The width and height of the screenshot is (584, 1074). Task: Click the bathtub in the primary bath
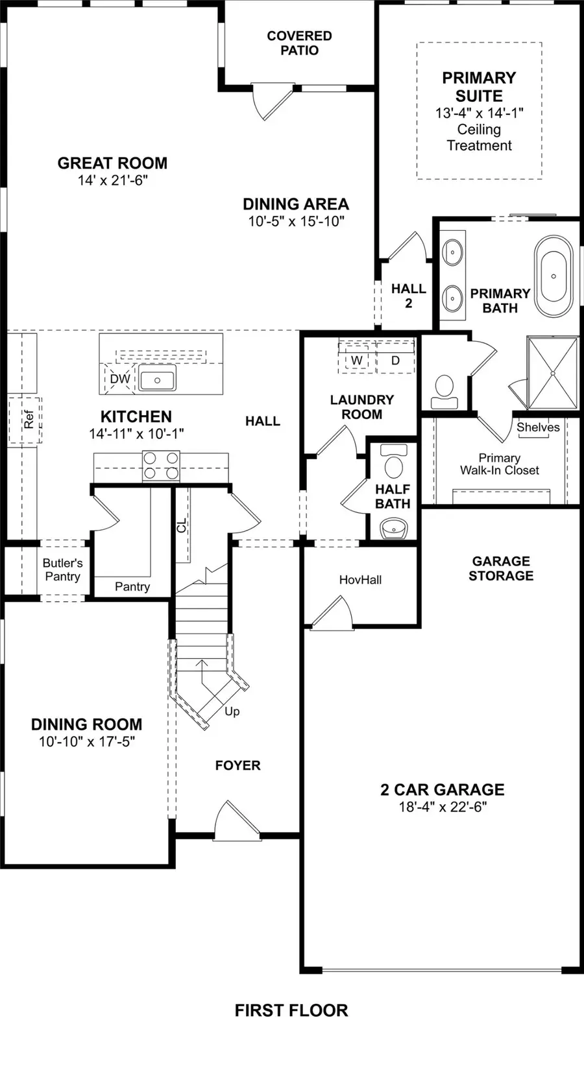tap(554, 276)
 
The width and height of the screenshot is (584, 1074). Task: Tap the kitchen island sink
tap(157, 380)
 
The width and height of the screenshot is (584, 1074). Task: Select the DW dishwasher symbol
tap(119, 379)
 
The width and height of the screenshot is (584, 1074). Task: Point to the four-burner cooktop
tap(161, 466)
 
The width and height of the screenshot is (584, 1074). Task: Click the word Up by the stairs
tap(232, 711)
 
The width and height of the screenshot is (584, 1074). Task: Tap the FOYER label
tap(237, 765)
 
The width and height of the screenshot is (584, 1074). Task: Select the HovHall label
tap(360, 580)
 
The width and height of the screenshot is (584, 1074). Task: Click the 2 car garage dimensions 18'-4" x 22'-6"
tap(443, 807)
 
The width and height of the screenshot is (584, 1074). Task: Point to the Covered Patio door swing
tap(267, 101)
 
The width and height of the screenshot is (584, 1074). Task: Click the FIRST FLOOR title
tap(291, 1010)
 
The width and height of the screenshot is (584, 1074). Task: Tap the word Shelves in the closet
tap(538, 427)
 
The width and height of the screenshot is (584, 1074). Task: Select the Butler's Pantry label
tap(62, 569)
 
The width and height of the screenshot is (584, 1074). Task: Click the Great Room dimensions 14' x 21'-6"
tap(112, 180)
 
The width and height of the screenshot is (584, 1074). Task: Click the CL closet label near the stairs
tap(182, 525)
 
